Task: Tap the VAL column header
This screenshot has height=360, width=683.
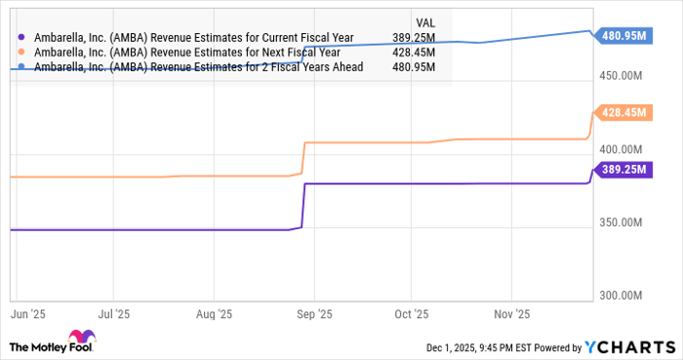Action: point(425,20)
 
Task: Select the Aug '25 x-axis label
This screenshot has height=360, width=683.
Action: point(213,315)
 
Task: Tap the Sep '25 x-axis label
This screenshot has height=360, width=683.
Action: point(313,315)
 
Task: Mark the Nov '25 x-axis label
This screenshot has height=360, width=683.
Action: point(511,315)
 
